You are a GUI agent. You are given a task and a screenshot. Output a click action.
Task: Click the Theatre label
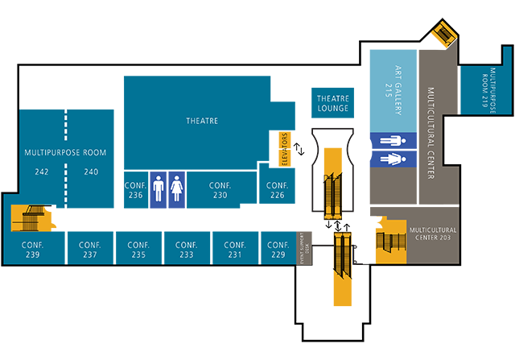tap(202, 121)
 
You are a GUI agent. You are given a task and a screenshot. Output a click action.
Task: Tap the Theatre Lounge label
tap(332, 103)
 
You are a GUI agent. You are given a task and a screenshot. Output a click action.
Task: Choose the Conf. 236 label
tap(135, 189)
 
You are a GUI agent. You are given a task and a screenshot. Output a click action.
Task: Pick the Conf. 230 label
tap(220, 189)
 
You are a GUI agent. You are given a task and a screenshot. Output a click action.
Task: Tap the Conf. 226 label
tap(277, 189)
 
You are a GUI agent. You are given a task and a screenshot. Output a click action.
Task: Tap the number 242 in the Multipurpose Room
tap(42, 172)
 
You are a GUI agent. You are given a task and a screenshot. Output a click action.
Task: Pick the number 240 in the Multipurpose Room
tap(91, 172)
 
